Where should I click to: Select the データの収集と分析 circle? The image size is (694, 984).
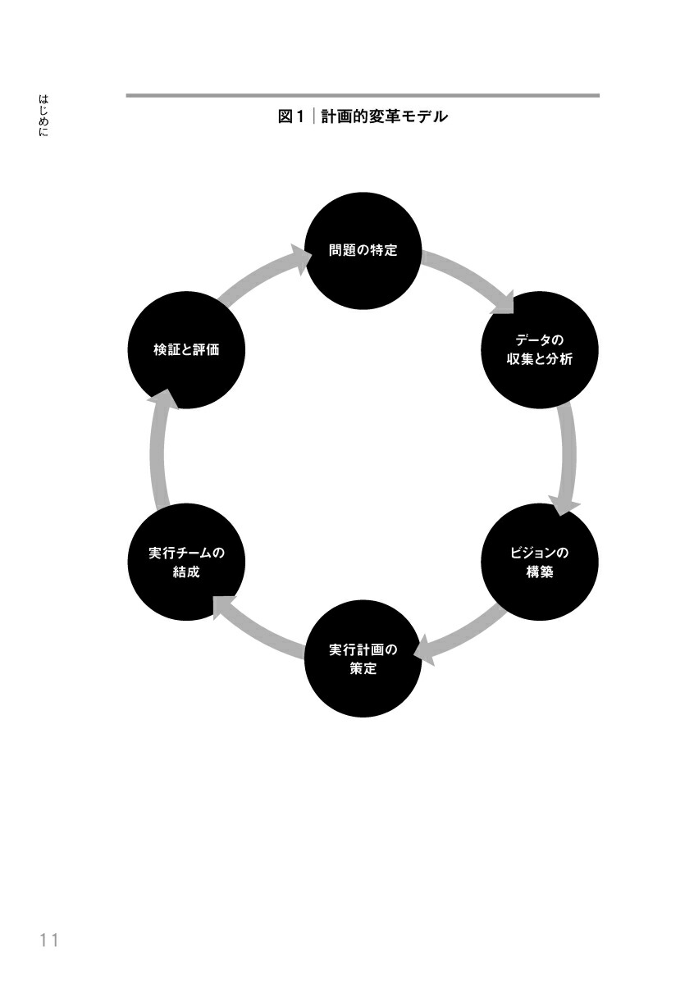(539, 349)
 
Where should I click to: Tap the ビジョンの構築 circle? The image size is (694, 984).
(539, 562)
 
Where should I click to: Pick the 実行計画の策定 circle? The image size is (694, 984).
(363, 659)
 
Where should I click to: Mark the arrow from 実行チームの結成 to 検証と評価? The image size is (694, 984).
(159, 456)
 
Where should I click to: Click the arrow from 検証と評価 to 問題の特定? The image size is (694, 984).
(259, 279)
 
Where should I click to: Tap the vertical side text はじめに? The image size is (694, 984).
(43, 116)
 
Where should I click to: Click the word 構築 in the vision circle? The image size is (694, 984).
(539, 572)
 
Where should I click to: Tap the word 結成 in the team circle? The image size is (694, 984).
(187, 572)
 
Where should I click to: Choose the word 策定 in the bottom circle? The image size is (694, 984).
(363, 669)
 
